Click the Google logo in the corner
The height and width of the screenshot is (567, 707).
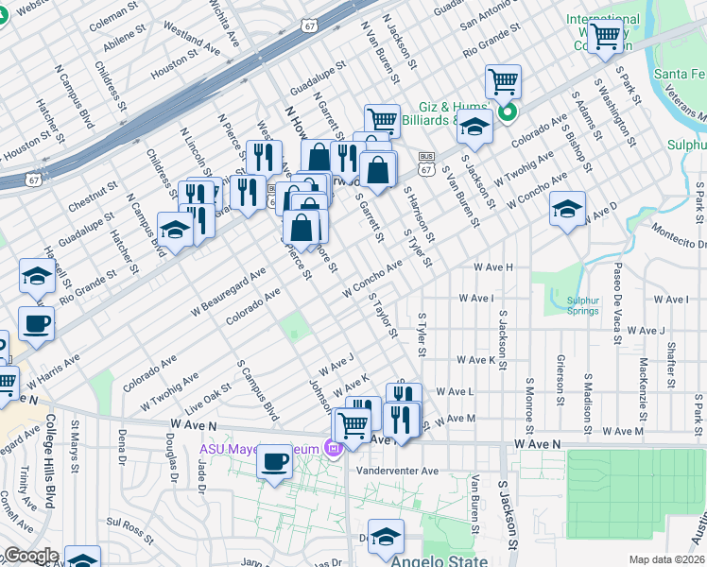(30, 556)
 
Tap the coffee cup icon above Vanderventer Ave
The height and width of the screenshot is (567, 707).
(274, 462)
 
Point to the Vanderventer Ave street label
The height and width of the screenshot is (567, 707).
(398, 471)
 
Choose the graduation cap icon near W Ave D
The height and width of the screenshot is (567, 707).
(567, 209)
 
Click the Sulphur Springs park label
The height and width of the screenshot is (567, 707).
(583, 305)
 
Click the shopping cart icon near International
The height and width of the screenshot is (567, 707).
(605, 38)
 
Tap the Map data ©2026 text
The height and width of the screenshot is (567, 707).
(666, 559)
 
